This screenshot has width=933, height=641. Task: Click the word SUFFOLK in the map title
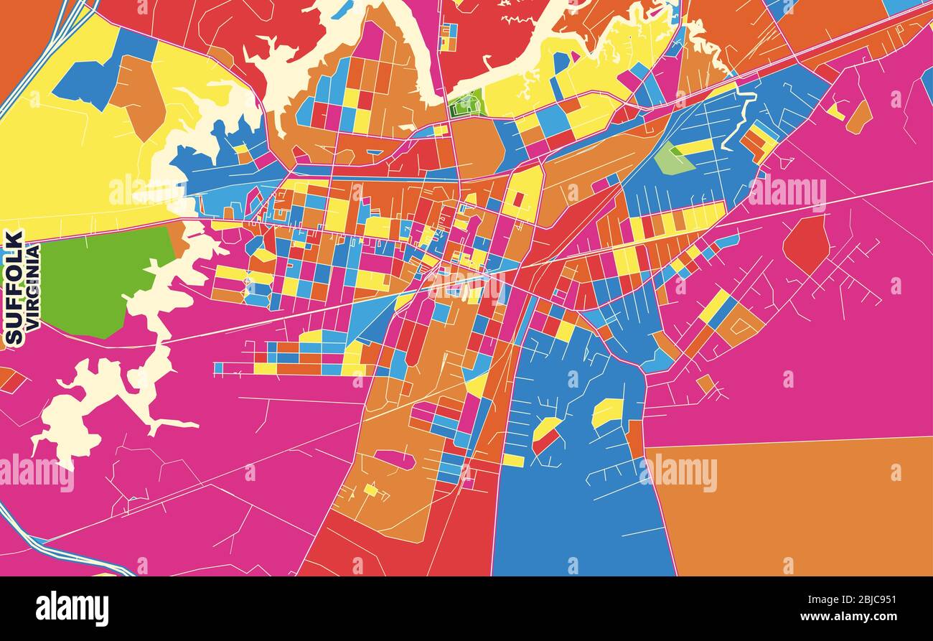tap(14, 287)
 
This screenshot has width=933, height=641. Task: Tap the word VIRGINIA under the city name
tap(32, 287)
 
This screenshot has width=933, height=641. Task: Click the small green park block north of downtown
tap(467, 105)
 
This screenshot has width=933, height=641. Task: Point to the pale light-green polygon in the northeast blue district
tap(672, 160)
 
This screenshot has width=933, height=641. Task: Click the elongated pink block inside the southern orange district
tap(394, 459)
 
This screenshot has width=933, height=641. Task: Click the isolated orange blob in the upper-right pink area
tap(859, 117)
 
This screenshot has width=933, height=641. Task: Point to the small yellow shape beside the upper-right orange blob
tap(835, 111)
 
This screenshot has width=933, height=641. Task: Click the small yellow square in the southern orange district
tap(370, 490)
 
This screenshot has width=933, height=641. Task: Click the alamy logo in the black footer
tap(72, 609)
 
